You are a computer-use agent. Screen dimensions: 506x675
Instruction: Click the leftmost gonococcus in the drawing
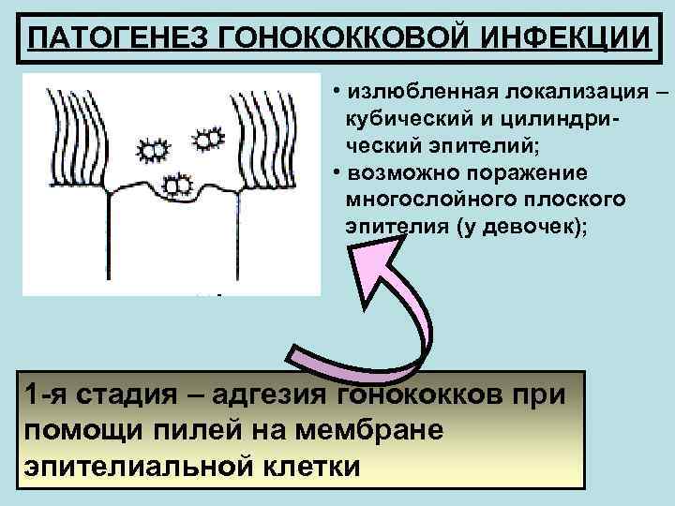[x=151, y=147]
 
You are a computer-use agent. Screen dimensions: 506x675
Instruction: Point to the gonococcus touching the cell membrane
[x=175, y=184]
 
